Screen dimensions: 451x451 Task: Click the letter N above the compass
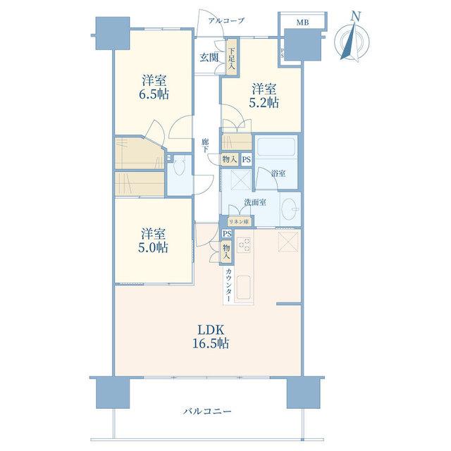356,17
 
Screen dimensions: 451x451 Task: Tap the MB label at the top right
302,23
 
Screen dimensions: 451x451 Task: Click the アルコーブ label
226,20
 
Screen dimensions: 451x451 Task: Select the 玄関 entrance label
209,58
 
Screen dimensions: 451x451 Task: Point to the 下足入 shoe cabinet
232,58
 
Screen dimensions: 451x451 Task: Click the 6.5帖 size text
154,94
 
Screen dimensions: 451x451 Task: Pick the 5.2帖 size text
264,103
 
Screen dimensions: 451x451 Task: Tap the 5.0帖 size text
153,247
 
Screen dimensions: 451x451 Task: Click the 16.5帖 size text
211,343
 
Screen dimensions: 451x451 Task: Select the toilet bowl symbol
180,168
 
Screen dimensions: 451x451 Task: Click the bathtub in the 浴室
276,147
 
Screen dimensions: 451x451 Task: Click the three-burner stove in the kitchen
244,245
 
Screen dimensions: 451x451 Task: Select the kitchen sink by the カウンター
244,287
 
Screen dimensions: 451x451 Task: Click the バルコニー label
207,412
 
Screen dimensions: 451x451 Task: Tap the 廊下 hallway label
205,145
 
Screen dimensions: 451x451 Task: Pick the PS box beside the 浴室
247,160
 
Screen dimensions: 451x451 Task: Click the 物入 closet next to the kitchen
227,252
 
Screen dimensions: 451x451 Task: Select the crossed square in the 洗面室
241,180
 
